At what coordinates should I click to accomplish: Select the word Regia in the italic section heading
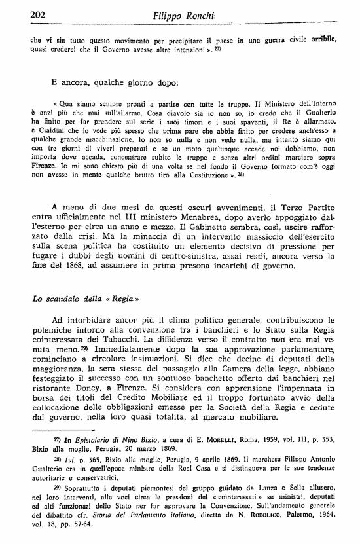tap(120, 300)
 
